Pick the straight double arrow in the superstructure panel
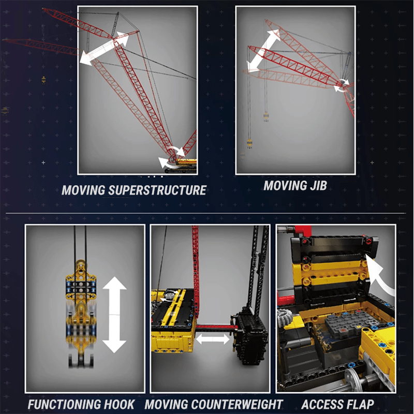point(105,48)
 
